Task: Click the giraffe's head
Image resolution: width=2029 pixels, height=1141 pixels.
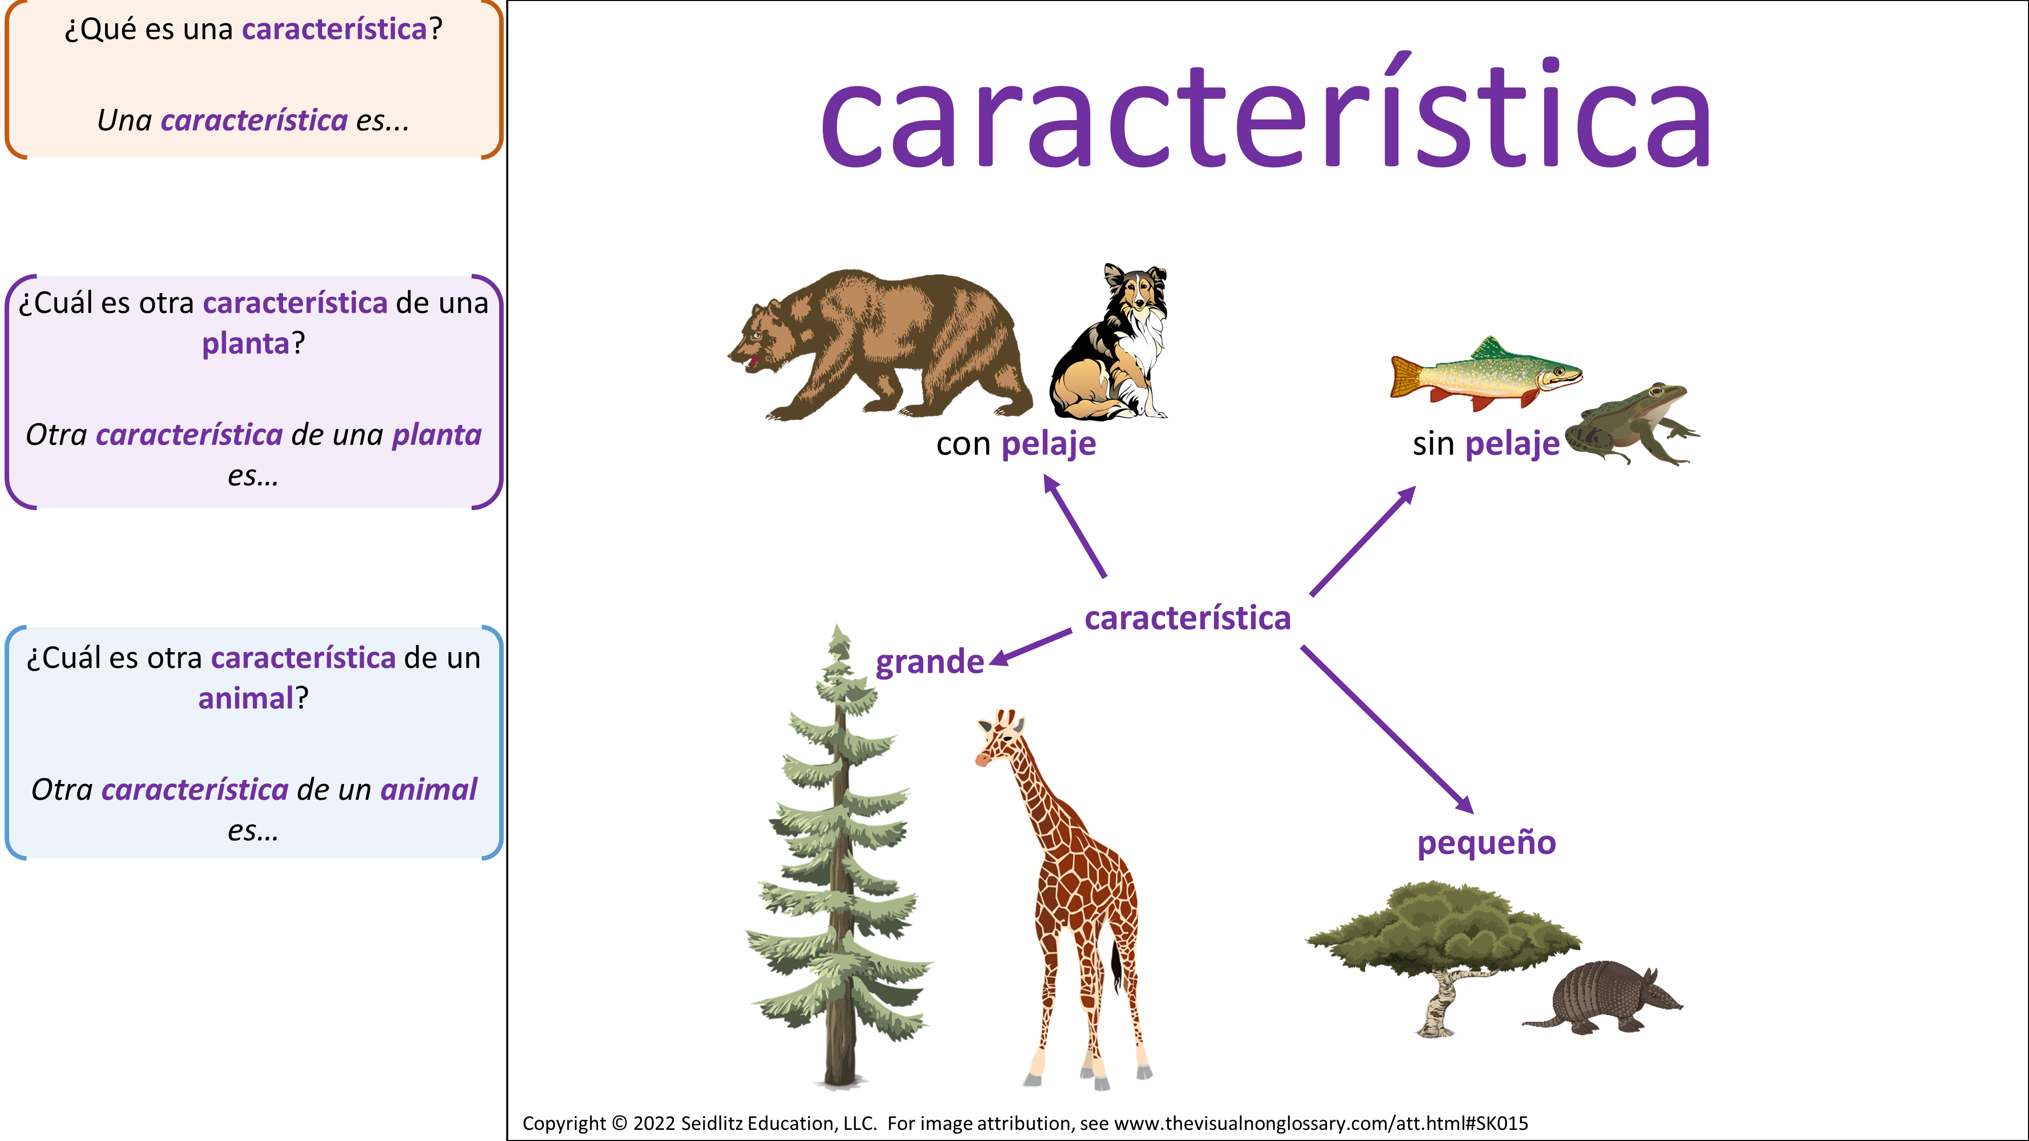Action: (1000, 737)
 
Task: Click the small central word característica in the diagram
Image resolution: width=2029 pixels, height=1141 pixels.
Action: (1188, 618)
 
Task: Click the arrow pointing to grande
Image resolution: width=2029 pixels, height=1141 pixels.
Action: (1030, 648)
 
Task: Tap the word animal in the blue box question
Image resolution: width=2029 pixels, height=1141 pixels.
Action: (246, 698)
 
